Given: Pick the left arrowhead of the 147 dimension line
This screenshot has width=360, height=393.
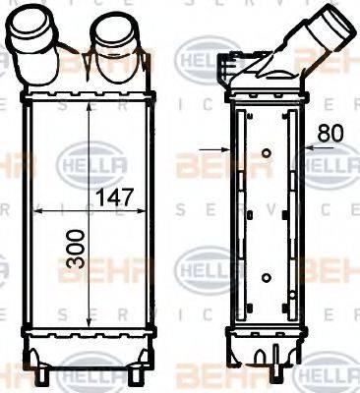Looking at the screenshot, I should pyautogui.click(x=37, y=210).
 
